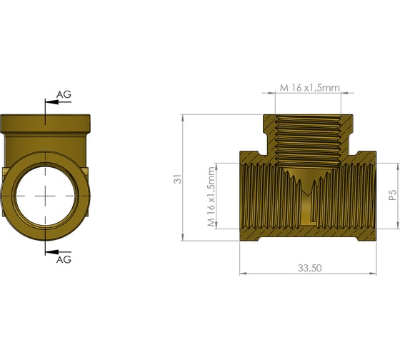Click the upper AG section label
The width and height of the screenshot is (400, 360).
(x=64, y=94)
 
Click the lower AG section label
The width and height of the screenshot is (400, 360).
(x=64, y=260)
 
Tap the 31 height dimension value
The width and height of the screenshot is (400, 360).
(x=178, y=179)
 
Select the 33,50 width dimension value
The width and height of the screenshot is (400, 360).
(x=310, y=268)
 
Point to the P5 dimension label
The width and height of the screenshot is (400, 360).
(x=393, y=195)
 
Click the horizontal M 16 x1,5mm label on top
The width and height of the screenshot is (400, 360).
(x=310, y=88)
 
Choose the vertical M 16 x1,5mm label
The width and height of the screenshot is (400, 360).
(x=211, y=196)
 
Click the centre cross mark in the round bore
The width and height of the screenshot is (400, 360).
(x=46, y=196)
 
